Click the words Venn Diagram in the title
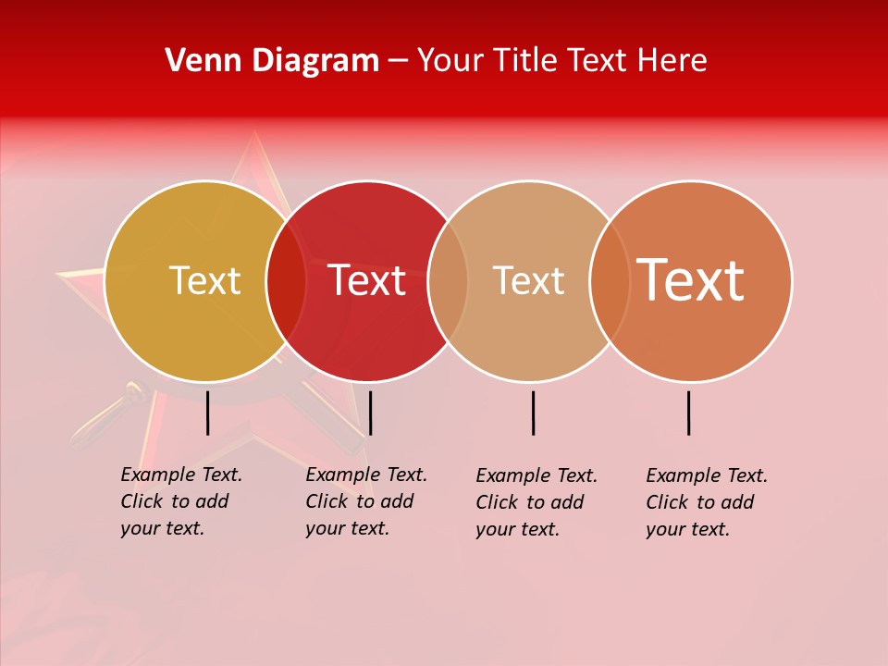pyautogui.click(x=272, y=61)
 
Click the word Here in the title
pyautogui.click(x=673, y=61)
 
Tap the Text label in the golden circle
pyautogui.click(x=204, y=280)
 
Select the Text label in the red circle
pyautogui.click(x=367, y=280)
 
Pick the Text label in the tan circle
pyautogui.click(x=528, y=280)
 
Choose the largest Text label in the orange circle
pyautogui.click(x=691, y=279)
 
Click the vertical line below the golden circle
pyautogui.click(x=208, y=413)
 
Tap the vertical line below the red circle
pyautogui.click(x=370, y=413)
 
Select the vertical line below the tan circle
pyautogui.click(x=534, y=413)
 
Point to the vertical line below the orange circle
pyautogui.click(x=689, y=413)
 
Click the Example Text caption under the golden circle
pyautogui.click(x=181, y=501)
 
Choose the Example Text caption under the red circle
pyautogui.click(x=366, y=501)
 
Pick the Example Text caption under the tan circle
pyautogui.click(x=536, y=502)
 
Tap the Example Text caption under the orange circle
pyautogui.click(x=707, y=502)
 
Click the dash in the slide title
pyautogui.click(x=398, y=62)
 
